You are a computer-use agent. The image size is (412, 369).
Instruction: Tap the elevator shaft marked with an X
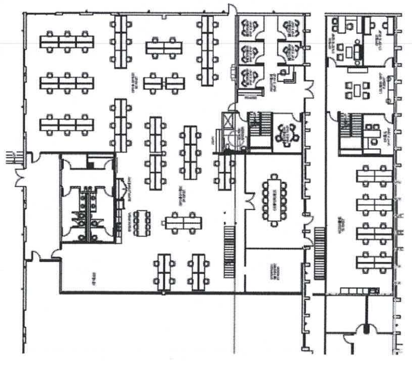(228, 123)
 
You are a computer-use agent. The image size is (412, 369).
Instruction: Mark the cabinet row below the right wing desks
(359, 290)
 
